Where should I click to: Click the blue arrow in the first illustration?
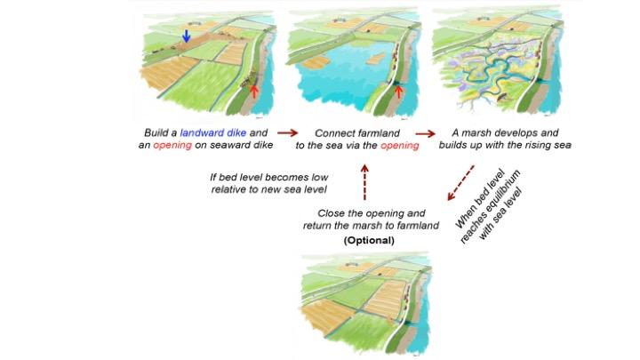coord(186,36)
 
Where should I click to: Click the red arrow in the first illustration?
coord(254,92)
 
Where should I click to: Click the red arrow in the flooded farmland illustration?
coord(398,92)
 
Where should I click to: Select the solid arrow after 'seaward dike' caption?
coord(287,132)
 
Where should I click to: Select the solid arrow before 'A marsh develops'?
coord(425,133)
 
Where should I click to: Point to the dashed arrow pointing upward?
coord(364,182)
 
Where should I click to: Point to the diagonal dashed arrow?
coord(460,183)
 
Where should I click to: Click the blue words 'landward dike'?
coord(213,132)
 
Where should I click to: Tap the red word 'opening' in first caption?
coord(172,145)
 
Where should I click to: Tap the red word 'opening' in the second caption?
coord(400,146)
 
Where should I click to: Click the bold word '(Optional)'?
coord(369,240)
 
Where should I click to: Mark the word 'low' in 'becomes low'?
coord(320,178)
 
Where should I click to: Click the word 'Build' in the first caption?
coord(156,132)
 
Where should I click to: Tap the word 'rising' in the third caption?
coord(534,145)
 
